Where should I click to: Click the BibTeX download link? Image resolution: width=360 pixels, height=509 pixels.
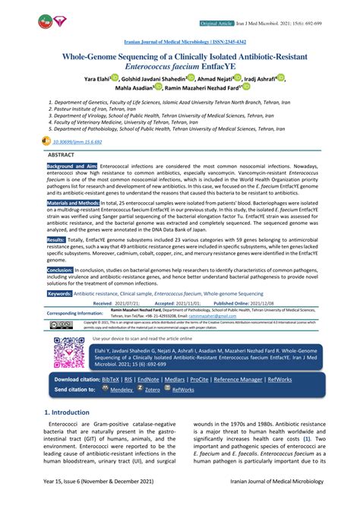point(111,379)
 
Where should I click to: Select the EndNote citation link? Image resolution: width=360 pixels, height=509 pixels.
point(148,379)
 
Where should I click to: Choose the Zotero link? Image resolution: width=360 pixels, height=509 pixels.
point(152,390)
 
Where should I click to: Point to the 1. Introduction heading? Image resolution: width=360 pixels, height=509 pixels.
point(67,413)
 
